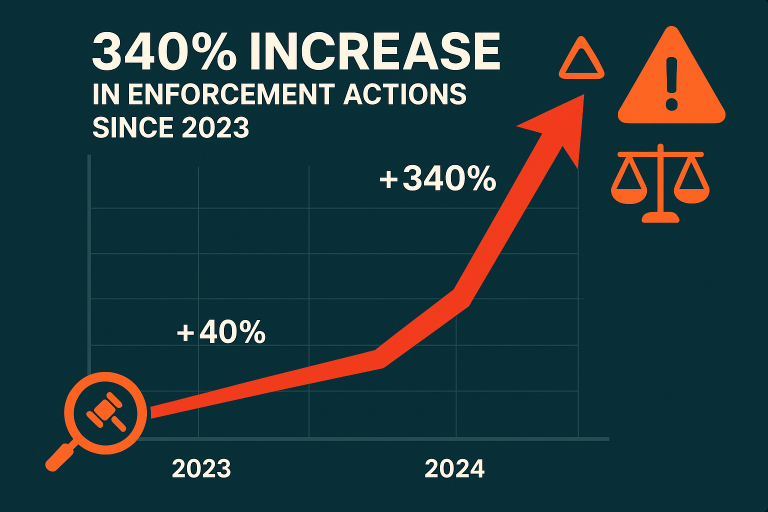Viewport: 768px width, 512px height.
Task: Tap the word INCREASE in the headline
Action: tap(374, 52)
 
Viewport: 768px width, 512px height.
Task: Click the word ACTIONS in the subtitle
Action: tap(405, 94)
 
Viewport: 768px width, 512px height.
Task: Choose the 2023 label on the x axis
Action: tap(201, 468)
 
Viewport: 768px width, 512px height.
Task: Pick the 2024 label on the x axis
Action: tap(454, 468)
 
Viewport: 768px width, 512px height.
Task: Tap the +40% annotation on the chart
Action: tap(221, 332)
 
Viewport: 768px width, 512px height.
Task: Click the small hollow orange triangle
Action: tap(581, 60)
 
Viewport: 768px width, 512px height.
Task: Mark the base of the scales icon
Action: tap(660, 217)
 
